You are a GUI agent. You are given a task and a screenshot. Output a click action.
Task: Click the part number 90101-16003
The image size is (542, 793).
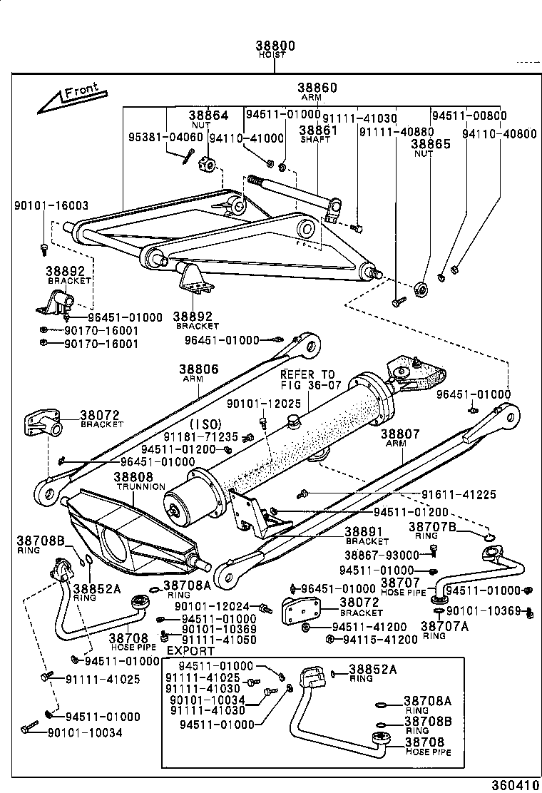pos(51,205)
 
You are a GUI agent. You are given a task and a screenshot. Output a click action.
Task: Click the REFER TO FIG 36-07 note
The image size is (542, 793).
pos(307,379)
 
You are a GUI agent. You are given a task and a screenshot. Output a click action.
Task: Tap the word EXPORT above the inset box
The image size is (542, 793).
pos(190,650)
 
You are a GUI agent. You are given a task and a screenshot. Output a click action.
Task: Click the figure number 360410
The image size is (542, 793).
pos(513,785)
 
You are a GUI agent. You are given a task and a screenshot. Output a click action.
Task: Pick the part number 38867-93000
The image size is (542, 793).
pos(382,555)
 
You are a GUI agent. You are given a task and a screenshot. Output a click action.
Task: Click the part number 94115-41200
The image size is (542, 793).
pos(381,639)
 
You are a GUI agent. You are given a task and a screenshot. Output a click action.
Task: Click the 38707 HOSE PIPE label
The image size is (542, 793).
pos(402,586)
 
